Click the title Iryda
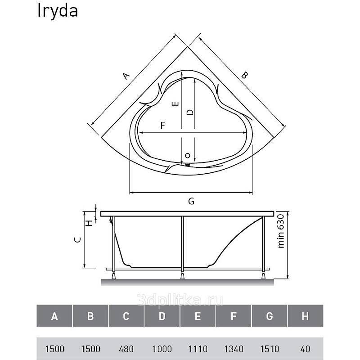click(58, 11)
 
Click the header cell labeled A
click(54, 316)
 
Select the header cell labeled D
click(162, 316)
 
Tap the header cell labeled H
click(306, 316)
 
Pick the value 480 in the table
click(126, 349)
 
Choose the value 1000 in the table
click(162, 349)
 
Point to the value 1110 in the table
click(198, 349)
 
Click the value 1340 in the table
click(234, 349)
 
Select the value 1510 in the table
click(270, 349)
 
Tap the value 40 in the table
click(306, 349)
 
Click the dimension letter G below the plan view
click(191, 201)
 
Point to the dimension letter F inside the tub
click(163, 126)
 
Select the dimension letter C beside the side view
click(78, 240)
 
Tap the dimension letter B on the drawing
click(245, 75)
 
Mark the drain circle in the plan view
click(188, 156)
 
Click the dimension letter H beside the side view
click(89, 222)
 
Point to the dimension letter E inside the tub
click(175, 104)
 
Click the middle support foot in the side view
click(182, 275)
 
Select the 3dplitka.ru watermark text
click(180, 300)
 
